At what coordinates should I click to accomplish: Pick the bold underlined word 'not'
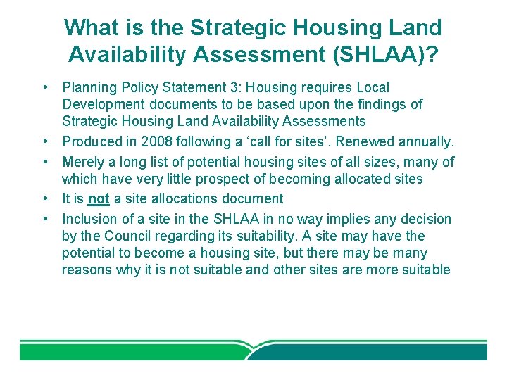coord(99,199)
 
